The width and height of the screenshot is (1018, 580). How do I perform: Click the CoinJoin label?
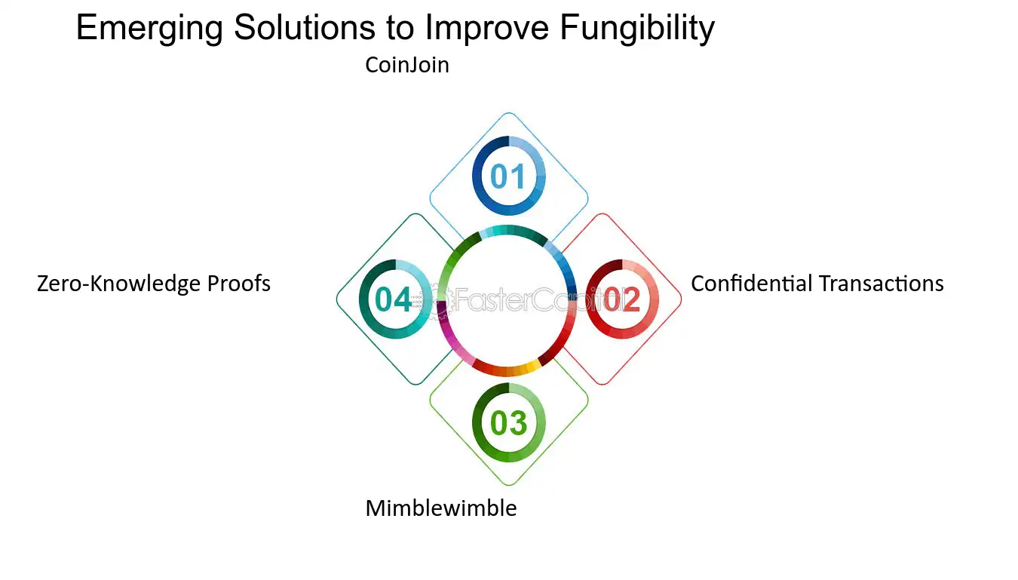[407, 65]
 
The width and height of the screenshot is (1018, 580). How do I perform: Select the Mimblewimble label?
[441, 508]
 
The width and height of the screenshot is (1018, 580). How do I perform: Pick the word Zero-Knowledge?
[120, 284]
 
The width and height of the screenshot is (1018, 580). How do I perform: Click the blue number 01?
[508, 176]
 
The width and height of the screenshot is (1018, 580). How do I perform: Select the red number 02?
[623, 299]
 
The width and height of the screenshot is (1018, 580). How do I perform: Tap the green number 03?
[508, 423]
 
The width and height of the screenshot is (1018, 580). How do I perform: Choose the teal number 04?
[394, 299]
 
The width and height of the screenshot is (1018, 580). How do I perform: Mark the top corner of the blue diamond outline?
[509, 113]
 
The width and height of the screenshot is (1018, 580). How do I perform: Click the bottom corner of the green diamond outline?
[509, 485]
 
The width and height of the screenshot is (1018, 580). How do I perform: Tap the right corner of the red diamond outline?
[682, 299]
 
